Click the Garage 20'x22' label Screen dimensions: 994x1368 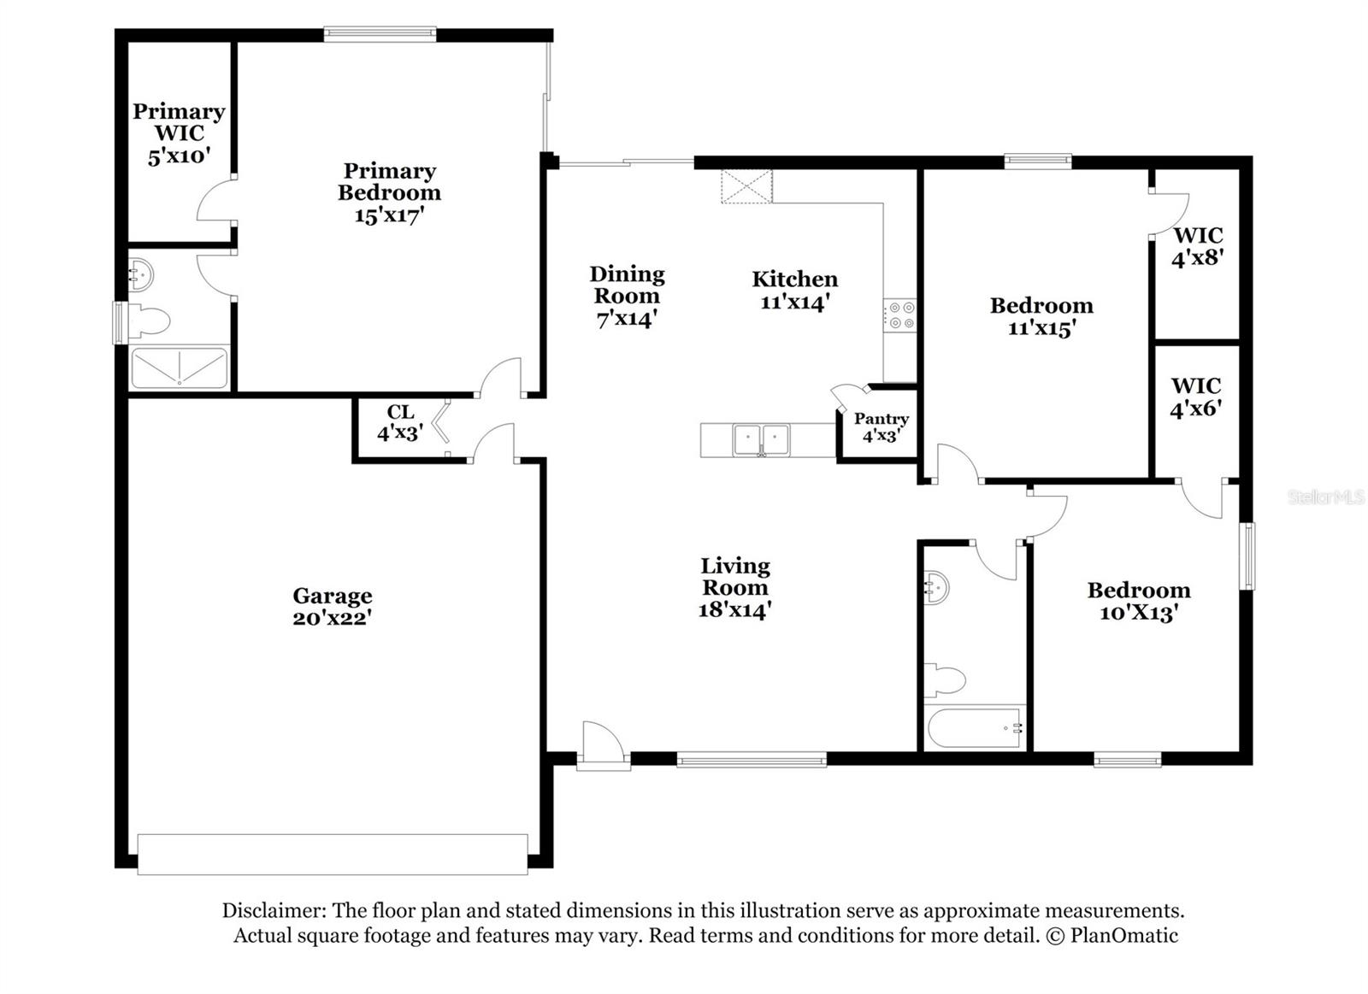(332, 606)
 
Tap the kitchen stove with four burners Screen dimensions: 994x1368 (899, 315)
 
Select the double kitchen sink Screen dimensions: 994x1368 (761, 440)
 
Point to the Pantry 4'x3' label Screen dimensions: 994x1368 (881, 426)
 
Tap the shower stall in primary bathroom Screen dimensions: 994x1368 (179, 367)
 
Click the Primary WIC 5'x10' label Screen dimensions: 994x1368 (179, 133)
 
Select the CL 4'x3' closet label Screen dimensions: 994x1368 (399, 423)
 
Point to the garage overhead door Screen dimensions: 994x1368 (333, 854)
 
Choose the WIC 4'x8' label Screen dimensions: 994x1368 (1197, 245)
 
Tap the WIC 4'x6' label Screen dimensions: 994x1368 (1195, 397)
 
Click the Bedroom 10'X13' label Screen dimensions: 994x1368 (1138, 601)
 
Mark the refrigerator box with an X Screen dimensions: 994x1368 (746, 187)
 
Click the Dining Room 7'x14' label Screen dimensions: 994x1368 (627, 296)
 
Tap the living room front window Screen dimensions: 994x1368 (752, 759)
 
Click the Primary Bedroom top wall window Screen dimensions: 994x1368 (380, 34)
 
